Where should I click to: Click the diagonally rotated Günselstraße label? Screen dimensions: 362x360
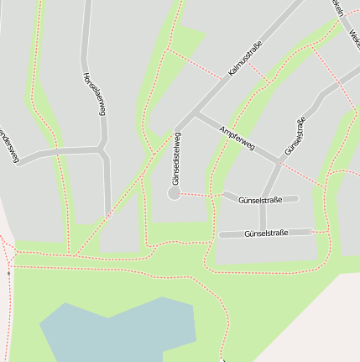pyautogui.click(x=295, y=136)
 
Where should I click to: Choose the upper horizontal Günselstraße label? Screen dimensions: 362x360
pyautogui.click(x=259, y=201)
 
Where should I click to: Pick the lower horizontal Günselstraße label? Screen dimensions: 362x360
pyautogui.click(x=265, y=233)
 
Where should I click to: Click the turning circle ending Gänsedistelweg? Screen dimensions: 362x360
pyautogui.click(x=174, y=193)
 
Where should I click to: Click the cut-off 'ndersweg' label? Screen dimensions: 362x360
pyautogui.click(x=8, y=145)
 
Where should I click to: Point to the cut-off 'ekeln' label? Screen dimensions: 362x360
pyautogui.click(x=337, y=7)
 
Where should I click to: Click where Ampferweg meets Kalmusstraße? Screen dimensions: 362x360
pyautogui.click(x=198, y=112)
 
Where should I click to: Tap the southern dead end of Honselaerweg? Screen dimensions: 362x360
pyautogui.click(x=107, y=216)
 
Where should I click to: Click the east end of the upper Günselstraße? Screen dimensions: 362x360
pyautogui.click(x=296, y=199)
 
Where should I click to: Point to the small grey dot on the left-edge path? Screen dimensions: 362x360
pyautogui.click(x=8, y=273)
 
